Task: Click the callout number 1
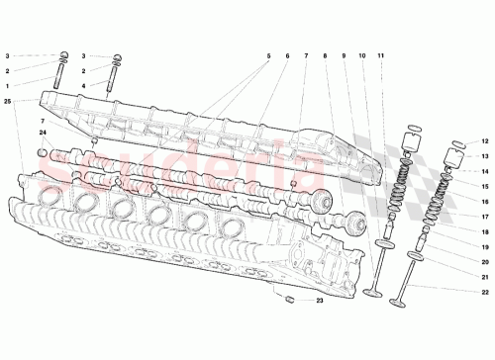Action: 7,86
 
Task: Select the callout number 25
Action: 7,102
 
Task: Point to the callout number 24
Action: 44,134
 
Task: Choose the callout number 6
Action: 285,57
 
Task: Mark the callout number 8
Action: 325,57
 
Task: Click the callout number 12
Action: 485,140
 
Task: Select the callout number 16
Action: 485,200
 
